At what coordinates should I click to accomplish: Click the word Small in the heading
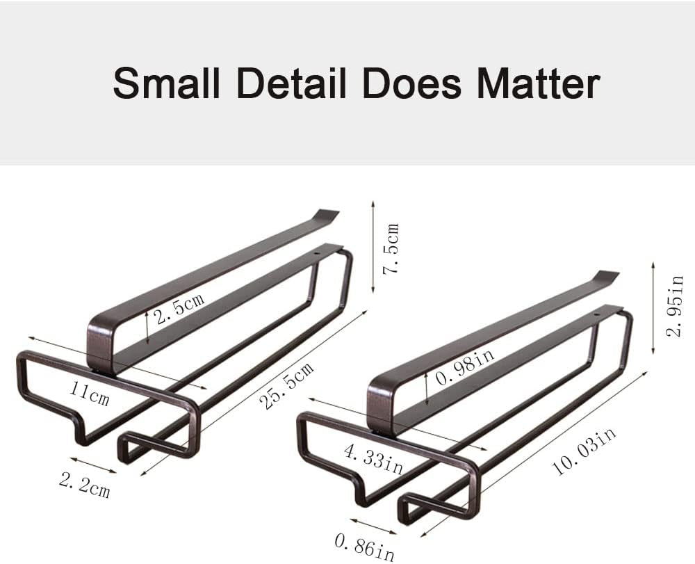point(167,84)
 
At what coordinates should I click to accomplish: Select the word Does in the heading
point(411,84)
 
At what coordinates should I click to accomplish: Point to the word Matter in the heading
point(539,84)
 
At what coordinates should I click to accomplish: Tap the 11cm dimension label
point(89,394)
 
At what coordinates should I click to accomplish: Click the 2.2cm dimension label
point(84,485)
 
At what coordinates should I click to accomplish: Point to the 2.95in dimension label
point(675,306)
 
